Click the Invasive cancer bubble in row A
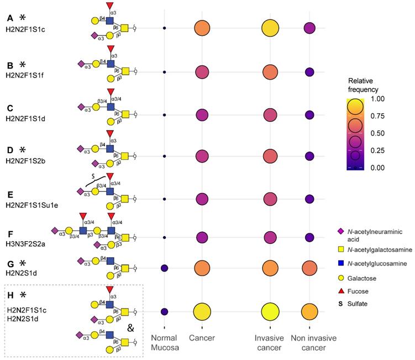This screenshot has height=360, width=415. coord(270,28)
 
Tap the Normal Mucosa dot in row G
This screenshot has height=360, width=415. coord(164,268)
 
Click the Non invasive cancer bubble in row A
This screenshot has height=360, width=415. coord(309,28)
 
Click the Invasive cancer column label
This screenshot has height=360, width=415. coord(270,342)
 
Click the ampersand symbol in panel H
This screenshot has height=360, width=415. coord(130,328)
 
